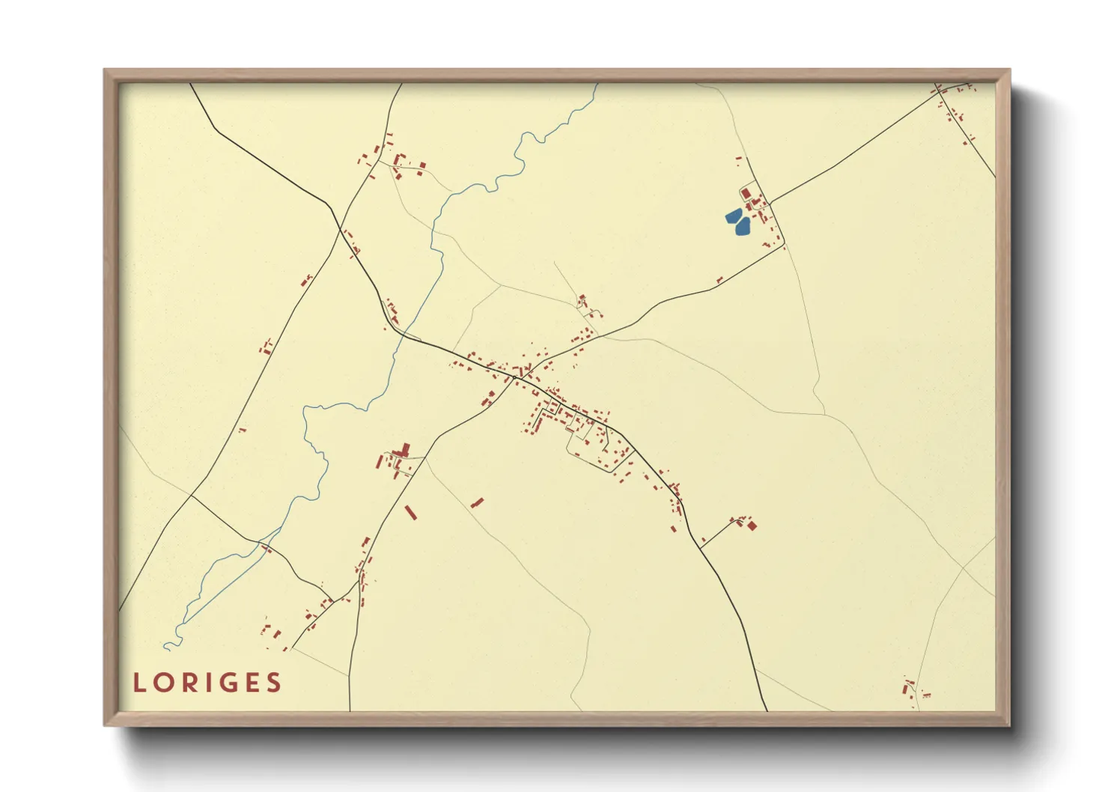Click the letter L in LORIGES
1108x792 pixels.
139,683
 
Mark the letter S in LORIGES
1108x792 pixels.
275,683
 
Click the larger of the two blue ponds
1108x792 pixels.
742,225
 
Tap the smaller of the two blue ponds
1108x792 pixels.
733,216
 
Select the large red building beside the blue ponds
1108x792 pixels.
746,194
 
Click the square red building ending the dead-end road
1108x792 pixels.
752,526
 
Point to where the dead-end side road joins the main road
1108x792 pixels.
701,547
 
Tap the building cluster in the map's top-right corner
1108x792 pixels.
954,105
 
